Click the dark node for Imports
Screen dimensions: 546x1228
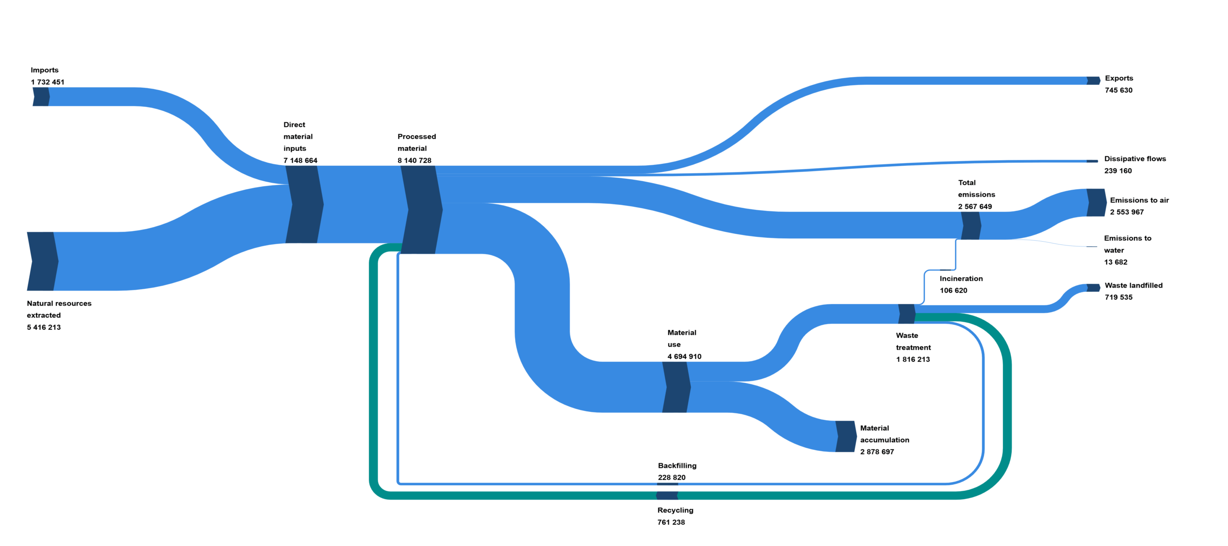(x=41, y=97)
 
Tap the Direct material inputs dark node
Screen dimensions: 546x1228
(x=304, y=205)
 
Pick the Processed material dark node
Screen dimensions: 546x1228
(x=421, y=209)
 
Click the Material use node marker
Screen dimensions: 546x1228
(x=676, y=387)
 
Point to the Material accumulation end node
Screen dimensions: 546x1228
(x=845, y=436)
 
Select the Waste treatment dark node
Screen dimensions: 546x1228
(x=906, y=314)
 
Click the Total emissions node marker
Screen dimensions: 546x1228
(x=970, y=225)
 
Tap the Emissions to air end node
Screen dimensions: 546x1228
(x=1096, y=202)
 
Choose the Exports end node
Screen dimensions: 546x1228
(x=1093, y=81)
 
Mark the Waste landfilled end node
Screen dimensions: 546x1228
(x=1093, y=288)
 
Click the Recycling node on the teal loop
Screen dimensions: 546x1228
(x=667, y=495)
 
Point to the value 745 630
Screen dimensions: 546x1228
(x=1118, y=90)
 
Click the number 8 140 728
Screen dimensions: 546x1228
(x=414, y=161)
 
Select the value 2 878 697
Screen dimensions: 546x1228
(x=876, y=452)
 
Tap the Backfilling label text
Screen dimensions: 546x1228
(x=677, y=465)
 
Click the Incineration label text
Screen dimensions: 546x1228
(x=961, y=279)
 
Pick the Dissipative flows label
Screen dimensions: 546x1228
(x=1134, y=159)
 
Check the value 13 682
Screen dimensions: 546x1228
(x=1115, y=262)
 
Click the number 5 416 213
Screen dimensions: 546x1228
(x=44, y=327)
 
